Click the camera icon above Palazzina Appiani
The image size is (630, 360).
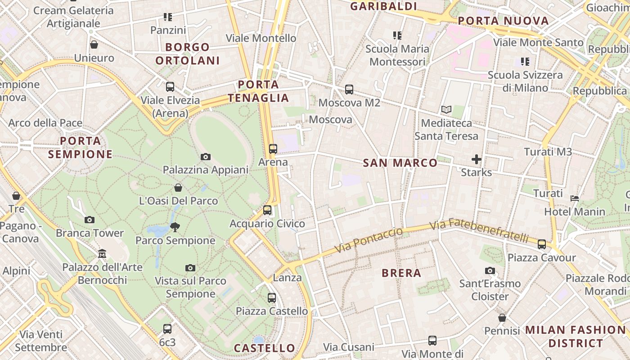(206, 157)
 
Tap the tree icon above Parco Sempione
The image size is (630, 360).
(175, 227)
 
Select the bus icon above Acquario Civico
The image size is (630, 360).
(267, 210)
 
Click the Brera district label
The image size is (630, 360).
(401, 273)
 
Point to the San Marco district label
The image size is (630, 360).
(400, 163)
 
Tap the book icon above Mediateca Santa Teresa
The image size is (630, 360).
(446, 109)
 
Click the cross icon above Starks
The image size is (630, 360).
(477, 159)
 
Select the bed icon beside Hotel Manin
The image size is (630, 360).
(575, 198)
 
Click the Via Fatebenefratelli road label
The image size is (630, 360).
(479, 230)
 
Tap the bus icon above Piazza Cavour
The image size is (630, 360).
(542, 244)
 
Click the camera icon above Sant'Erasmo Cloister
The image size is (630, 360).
(490, 270)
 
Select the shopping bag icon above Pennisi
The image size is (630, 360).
(502, 318)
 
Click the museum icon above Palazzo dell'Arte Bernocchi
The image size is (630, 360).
(102, 254)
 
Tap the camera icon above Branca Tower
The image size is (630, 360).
(90, 220)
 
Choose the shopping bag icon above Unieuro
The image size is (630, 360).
(94, 45)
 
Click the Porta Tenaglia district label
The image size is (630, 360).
(258, 91)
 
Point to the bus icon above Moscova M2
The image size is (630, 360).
(349, 89)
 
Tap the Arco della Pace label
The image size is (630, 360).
(45, 123)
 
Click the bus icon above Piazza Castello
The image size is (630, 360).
(272, 297)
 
